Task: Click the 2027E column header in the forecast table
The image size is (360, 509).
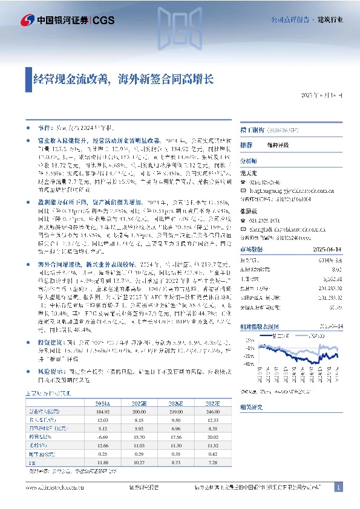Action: pyautogui.click(x=214, y=402)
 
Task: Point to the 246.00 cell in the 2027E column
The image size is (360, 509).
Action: pyautogui.click(x=214, y=411)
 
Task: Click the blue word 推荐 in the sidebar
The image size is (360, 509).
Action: pyautogui.click(x=246, y=146)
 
